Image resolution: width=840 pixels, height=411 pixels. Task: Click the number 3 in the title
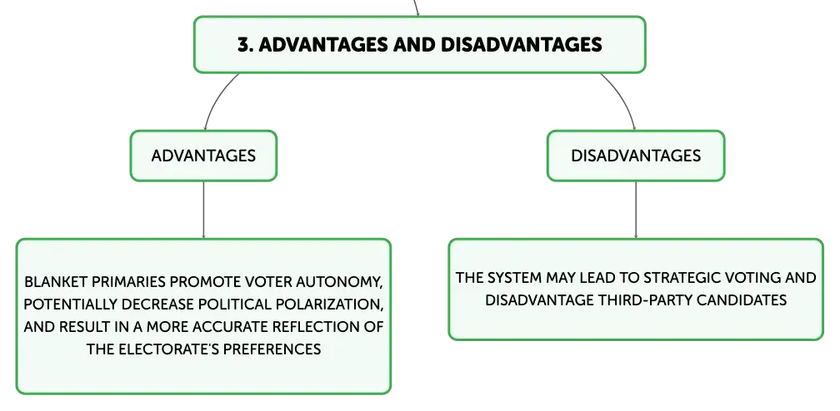pyautogui.click(x=243, y=45)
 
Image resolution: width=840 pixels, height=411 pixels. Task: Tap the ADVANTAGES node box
pyautogui.click(x=203, y=156)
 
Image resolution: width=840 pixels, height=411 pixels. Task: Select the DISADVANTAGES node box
pyautogui.click(x=636, y=156)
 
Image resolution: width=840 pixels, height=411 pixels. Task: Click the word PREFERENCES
pyautogui.click(x=272, y=349)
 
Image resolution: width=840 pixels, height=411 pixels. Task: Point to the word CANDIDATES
pyautogui.click(x=742, y=300)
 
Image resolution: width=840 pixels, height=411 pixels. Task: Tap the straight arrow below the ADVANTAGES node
pyautogui.click(x=203, y=210)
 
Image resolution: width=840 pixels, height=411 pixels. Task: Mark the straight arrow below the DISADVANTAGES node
pyautogui.click(x=636, y=210)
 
